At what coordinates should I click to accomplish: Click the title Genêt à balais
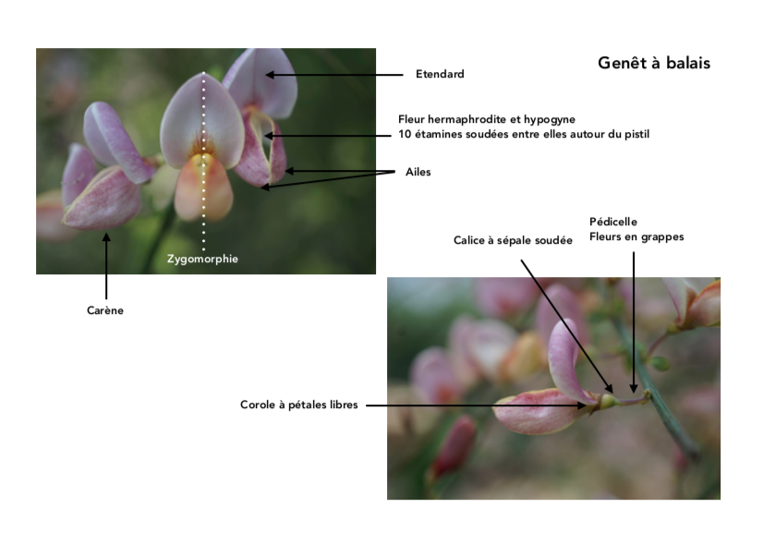654,64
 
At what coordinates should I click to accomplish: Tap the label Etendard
439,74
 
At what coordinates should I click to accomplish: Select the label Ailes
418,172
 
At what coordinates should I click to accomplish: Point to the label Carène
104,310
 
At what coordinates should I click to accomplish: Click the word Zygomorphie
202,259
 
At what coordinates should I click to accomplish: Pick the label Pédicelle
613,222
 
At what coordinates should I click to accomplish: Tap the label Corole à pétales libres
298,405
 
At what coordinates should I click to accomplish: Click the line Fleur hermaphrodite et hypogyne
487,119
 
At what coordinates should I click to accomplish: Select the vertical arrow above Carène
106,266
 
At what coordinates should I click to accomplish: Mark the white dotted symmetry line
203,157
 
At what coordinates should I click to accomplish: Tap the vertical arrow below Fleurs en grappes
634,319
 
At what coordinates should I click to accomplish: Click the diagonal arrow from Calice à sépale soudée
564,323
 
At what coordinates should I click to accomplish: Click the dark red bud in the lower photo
455,447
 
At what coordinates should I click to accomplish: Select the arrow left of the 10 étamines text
328,135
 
